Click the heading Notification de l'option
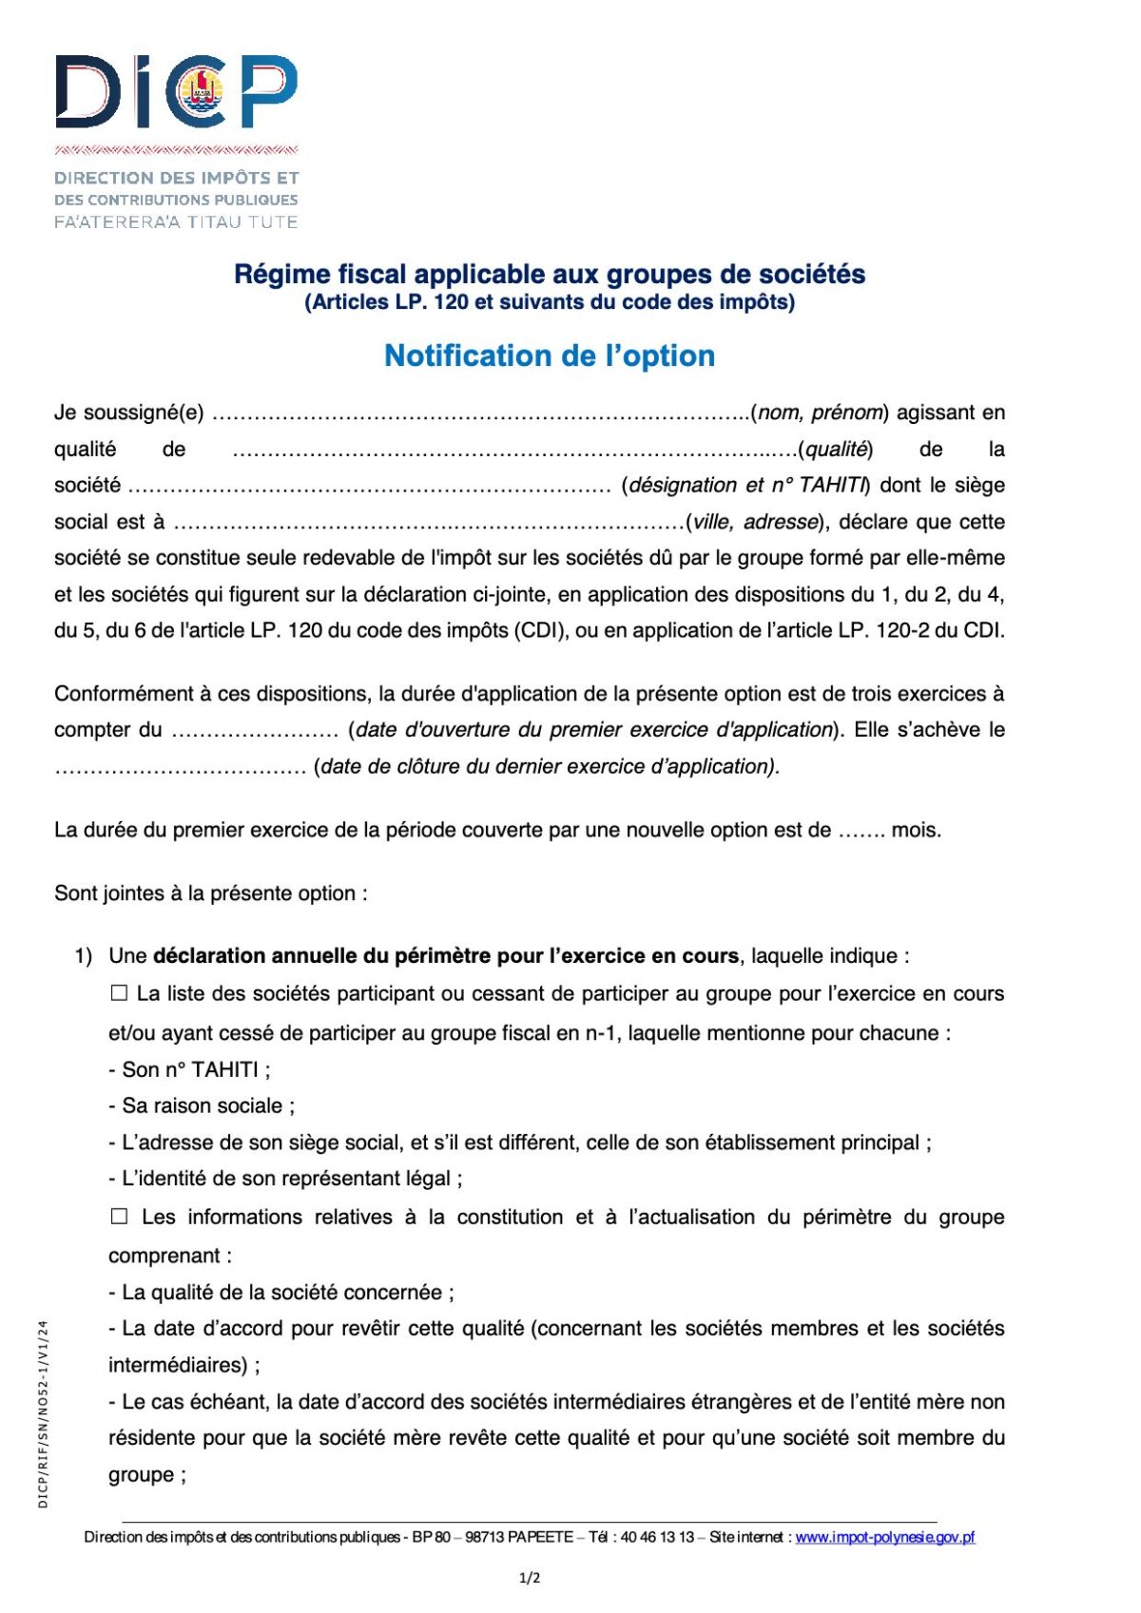tap(550, 355)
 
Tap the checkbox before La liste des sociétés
tap(119, 993)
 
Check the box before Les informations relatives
tap(119, 1217)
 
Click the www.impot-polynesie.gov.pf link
tap(884, 1537)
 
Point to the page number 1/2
tap(530, 1578)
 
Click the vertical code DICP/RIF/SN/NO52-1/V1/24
tap(43, 1414)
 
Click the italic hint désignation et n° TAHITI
tap(747, 486)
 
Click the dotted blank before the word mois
tap(861, 831)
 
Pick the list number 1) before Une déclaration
tap(83, 956)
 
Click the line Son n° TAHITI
tap(189, 1069)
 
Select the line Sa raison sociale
tap(202, 1105)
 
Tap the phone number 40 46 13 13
tap(657, 1537)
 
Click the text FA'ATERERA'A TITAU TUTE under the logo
tap(176, 221)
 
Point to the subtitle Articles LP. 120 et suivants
tap(550, 302)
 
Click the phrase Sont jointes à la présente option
tap(210, 893)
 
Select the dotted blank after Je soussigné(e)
tap(480, 413)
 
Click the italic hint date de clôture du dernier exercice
tap(547, 766)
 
